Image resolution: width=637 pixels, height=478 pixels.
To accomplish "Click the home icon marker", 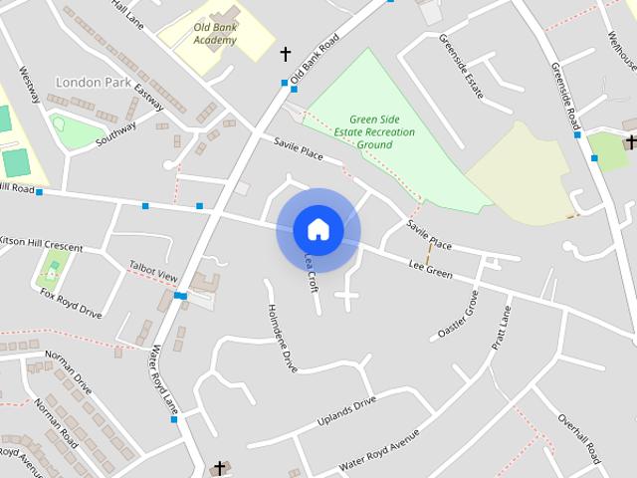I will coord(318,229).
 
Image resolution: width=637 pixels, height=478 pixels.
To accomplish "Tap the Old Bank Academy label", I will coord(216,33).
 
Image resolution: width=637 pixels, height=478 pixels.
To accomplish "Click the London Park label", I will coord(93,82).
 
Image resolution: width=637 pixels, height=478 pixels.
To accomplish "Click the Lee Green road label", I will coord(430,268).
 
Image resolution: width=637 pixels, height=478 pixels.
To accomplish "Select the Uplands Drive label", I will coord(346,409).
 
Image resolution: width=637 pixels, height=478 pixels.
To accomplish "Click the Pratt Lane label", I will coord(501,328).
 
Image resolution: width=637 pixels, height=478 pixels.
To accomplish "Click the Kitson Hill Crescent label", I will coord(41,244).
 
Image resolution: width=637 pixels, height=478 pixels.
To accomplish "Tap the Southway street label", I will coord(115,134).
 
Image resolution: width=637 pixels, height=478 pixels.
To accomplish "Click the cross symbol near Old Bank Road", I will coord(286,53).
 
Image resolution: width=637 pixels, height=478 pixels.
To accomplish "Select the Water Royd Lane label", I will coord(163,378).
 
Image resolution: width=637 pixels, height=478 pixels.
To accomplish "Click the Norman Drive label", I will coord(69,372).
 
